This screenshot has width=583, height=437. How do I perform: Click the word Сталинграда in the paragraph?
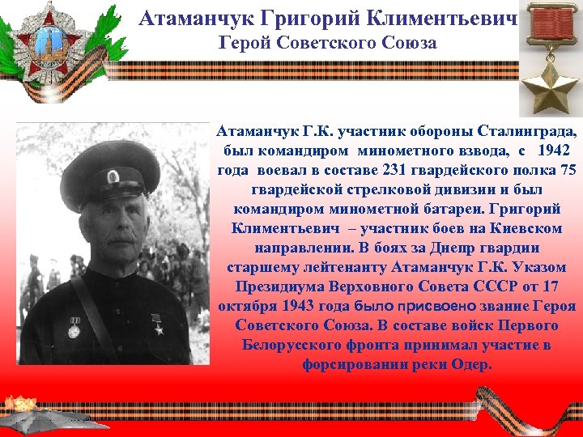pos(530,132)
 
